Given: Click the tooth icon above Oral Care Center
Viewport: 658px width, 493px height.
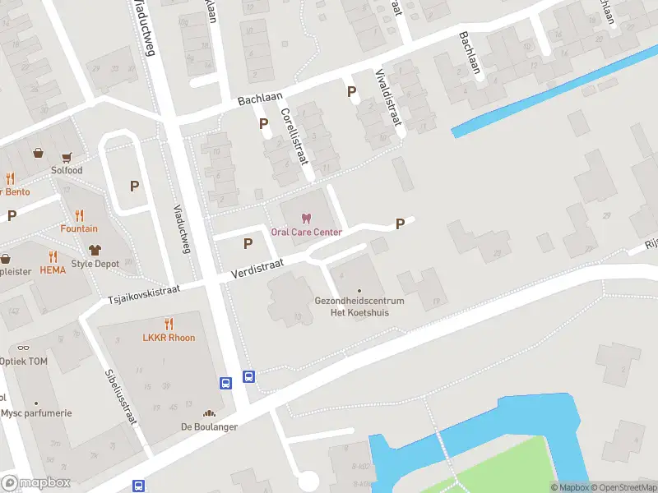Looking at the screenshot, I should (306, 219).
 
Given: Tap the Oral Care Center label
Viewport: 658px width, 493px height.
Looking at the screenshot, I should (306, 233).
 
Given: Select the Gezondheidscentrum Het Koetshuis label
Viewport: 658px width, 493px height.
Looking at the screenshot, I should (359, 306).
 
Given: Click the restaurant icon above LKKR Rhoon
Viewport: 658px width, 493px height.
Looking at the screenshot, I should (169, 324).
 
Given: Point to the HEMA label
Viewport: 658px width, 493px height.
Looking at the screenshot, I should (52, 270).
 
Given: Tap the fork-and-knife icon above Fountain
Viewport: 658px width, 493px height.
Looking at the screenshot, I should (79, 215).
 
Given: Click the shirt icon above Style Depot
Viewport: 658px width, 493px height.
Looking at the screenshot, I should (95, 250).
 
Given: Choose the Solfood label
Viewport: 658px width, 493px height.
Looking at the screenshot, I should (67, 170).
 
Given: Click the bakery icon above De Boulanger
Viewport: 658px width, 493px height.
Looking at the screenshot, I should (209, 414).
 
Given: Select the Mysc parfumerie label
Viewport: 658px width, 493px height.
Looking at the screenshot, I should (36, 413).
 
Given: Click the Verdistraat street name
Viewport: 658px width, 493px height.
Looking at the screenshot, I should (257, 265).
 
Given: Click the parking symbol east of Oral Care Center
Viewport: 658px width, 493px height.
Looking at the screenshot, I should (401, 223).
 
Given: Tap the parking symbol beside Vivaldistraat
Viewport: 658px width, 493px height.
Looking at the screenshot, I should (352, 92).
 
